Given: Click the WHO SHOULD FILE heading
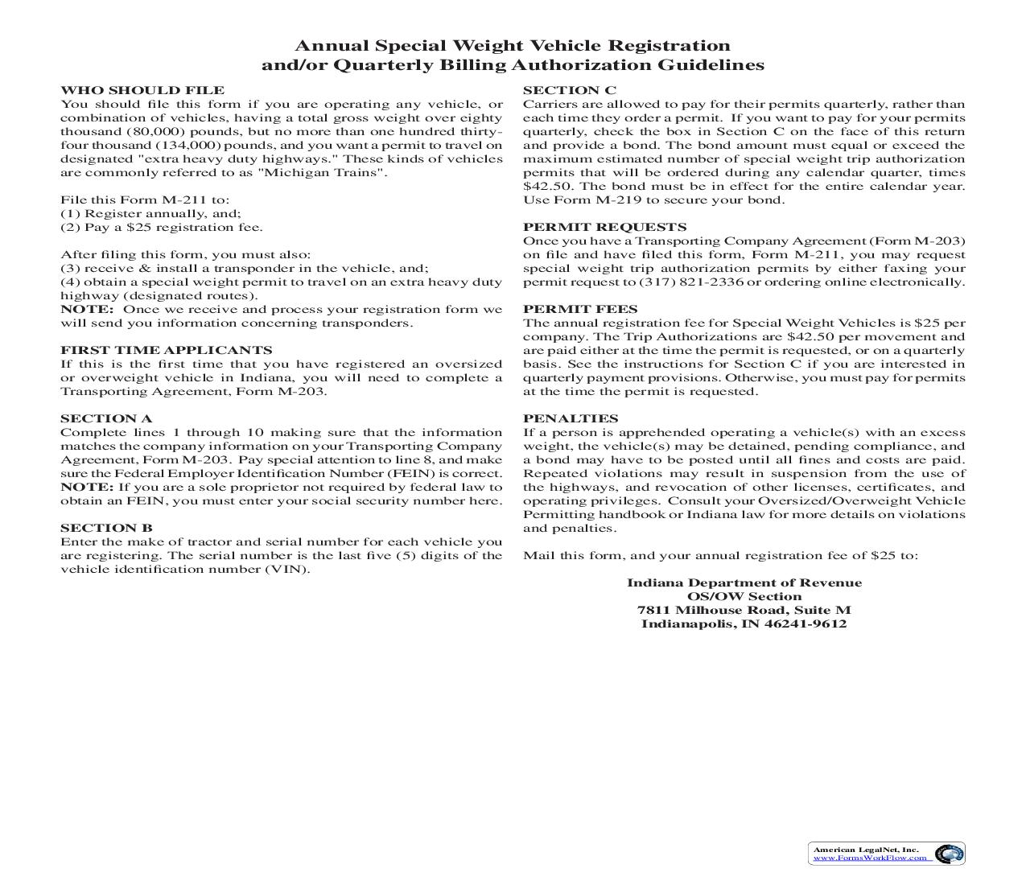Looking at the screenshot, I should point(142,90).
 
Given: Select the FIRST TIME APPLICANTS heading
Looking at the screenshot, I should point(166,350).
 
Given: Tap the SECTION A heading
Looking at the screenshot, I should point(106,418).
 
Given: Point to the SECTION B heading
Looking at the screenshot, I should point(106,528).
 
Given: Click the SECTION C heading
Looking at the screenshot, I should point(570,90).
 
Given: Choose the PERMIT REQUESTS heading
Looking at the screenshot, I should point(604,227).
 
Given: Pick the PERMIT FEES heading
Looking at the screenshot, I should point(580,309).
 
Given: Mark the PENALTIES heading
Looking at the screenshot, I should point(571,418).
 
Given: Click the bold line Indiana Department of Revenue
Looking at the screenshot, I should point(744,583).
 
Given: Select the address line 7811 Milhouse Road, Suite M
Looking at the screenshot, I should point(744,611).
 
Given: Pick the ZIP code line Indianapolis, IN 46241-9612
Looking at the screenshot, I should point(744,624).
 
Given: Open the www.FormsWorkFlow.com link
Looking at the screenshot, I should point(869,858).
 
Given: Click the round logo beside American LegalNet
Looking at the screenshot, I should point(950,854).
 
